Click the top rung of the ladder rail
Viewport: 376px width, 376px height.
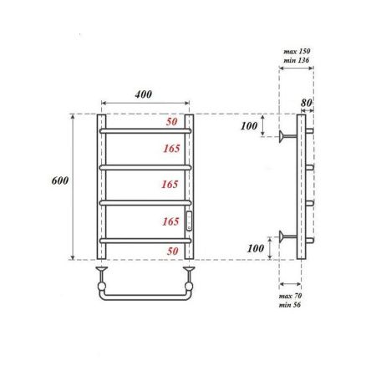coord(147,131)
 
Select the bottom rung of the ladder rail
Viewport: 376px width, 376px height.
coord(147,240)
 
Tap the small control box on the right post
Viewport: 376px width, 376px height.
coord(190,221)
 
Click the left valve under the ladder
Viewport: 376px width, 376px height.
coord(102,273)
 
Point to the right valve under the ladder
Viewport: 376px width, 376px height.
coord(190,273)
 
